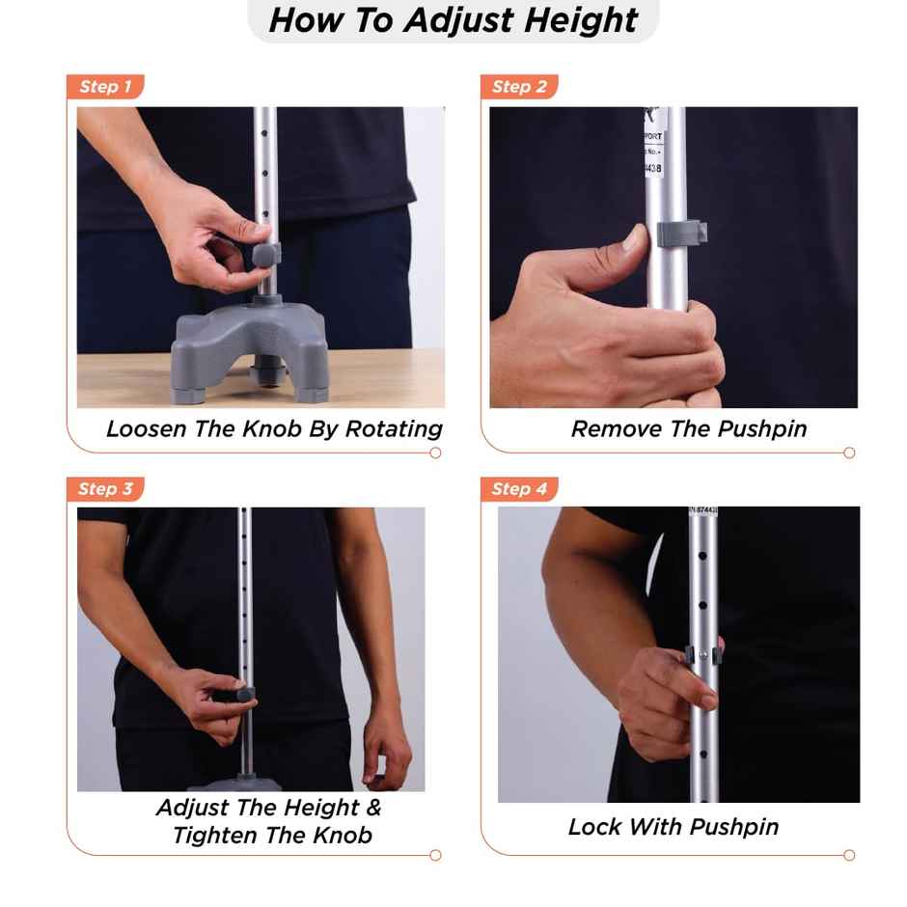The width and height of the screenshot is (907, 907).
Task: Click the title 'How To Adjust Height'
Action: [453, 20]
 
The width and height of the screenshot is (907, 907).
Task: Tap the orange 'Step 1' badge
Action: [105, 87]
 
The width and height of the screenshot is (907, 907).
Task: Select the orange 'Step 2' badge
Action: [519, 87]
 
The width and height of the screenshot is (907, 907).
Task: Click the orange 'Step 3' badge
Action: [105, 489]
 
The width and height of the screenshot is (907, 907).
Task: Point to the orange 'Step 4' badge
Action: [519, 489]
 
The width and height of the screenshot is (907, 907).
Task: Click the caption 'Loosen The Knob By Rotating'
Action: [274, 429]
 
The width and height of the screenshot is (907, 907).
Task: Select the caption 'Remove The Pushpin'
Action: [689, 429]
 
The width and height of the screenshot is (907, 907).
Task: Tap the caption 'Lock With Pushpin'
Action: [673, 827]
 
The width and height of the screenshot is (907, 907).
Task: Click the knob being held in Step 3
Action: [242, 694]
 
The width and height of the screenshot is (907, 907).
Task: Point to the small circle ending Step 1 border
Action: [435, 453]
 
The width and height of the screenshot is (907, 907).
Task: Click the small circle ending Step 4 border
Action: [849, 855]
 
